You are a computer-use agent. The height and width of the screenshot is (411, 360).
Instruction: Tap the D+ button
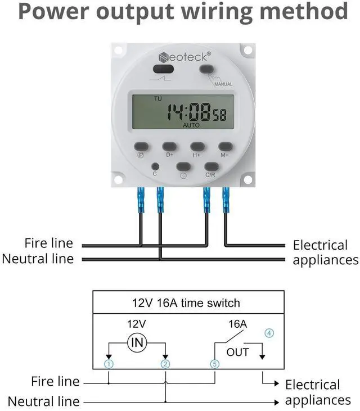click(x=170, y=146)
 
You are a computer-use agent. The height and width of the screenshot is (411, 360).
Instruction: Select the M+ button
click(x=225, y=146)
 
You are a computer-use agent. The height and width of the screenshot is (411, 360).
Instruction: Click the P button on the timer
click(x=142, y=146)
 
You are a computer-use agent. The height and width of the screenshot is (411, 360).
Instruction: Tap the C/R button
click(x=211, y=166)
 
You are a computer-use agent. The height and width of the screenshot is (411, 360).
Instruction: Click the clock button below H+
click(x=184, y=166)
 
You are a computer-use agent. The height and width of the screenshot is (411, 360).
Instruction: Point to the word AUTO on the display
click(x=191, y=125)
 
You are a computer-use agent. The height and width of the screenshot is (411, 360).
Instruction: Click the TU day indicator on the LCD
click(x=157, y=99)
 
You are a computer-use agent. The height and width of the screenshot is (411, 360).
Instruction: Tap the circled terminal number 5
click(x=214, y=364)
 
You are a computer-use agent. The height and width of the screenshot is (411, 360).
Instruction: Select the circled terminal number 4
click(x=269, y=333)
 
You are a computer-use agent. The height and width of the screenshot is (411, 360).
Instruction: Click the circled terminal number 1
click(x=109, y=364)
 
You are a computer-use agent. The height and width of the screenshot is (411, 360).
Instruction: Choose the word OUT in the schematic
click(x=237, y=352)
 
